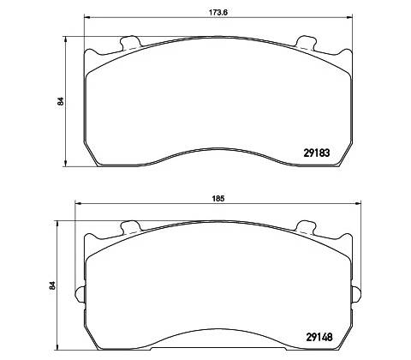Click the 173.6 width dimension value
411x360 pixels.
pos(218,13)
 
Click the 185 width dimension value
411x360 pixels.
pos(218,199)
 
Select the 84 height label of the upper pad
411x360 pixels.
pos(60,101)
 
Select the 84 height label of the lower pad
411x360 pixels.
pos(52,285)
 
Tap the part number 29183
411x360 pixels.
pos(316,153)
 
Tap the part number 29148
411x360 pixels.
pos(319,338)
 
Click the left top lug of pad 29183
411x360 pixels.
pos(130,43)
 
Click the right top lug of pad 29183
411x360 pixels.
pos(306,43)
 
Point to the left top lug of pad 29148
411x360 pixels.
pos(130,227)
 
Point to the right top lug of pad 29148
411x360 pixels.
pos(306,227)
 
